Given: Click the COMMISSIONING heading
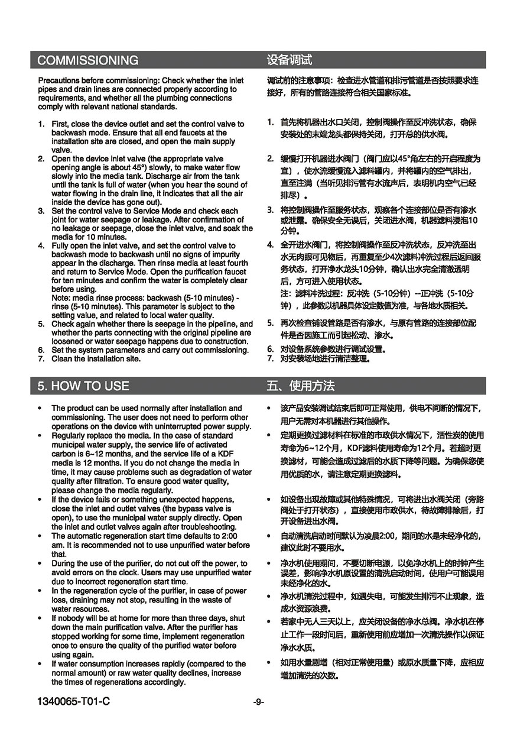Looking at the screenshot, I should point(88,60).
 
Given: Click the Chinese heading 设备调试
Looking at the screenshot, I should point(289,60).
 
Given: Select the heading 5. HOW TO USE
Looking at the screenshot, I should point(83,386).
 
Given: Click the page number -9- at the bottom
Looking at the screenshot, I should point(258,702).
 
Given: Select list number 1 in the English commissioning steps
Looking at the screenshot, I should point(41,124).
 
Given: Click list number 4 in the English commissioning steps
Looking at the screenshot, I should point(41,245).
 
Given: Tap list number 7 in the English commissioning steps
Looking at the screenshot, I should point(41,358).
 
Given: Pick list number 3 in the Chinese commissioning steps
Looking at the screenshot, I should point(269,209).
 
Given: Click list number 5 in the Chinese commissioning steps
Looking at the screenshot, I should point(269,323).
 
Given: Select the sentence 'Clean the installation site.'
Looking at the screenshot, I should point(96,358).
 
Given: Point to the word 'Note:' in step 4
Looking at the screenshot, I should point(61,298).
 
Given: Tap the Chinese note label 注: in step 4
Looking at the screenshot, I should point(285,293).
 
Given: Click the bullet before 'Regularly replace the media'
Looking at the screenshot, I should point(39,435).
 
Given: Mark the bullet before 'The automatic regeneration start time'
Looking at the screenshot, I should point(39,536).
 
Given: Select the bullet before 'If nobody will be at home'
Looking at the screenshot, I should point(39,618).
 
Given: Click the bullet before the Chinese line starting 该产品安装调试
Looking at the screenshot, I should point(269,409).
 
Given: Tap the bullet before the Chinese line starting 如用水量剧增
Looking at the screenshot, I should point(269,663).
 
